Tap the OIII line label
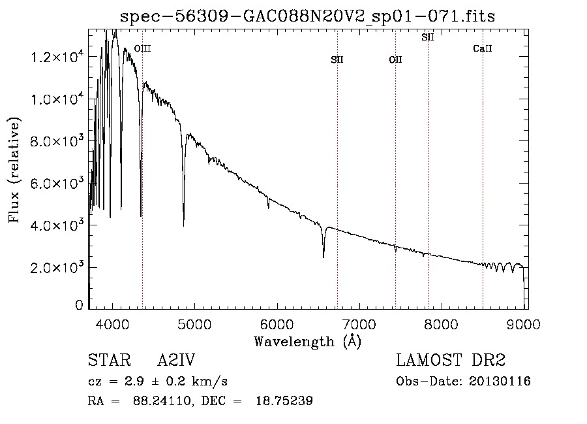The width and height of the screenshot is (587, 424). pos(142,48)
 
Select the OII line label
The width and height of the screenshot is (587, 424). pos(395,59)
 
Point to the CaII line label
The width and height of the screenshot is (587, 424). pos(483,48)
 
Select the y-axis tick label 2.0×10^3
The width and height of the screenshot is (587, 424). pos(57,267)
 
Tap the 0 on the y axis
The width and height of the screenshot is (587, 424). pos(79,305)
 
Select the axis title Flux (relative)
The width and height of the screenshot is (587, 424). pos(14,171)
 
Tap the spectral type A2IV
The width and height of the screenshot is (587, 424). pos(176,361)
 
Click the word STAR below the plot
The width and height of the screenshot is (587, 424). pos(105,361)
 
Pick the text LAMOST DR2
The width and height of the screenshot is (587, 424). pos(451,361)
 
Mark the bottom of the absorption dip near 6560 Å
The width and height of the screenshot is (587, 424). pos(324,257)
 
